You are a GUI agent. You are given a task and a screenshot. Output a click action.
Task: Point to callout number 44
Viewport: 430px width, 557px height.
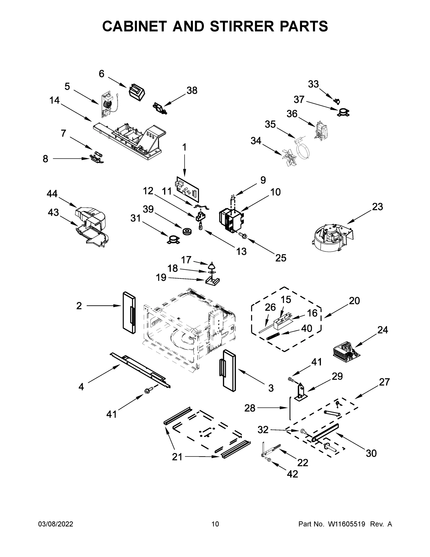pos(52,194)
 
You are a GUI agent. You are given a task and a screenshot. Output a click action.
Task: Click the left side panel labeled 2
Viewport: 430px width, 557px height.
pos(129,313)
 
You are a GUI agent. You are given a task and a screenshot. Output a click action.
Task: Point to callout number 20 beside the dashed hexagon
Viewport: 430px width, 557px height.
pos(354,301)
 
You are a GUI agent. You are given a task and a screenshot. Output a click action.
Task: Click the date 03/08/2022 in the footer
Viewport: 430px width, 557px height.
pos(56,524)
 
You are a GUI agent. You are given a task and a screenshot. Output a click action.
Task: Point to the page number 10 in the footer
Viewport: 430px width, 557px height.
pos(215,524)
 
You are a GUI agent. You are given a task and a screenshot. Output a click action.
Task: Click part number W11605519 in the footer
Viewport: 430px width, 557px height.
pos(347,524)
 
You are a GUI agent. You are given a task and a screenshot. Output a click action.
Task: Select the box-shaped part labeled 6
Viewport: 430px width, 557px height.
pos(137,92)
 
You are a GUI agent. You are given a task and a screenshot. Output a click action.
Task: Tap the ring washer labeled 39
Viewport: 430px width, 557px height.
pos(187,231)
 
